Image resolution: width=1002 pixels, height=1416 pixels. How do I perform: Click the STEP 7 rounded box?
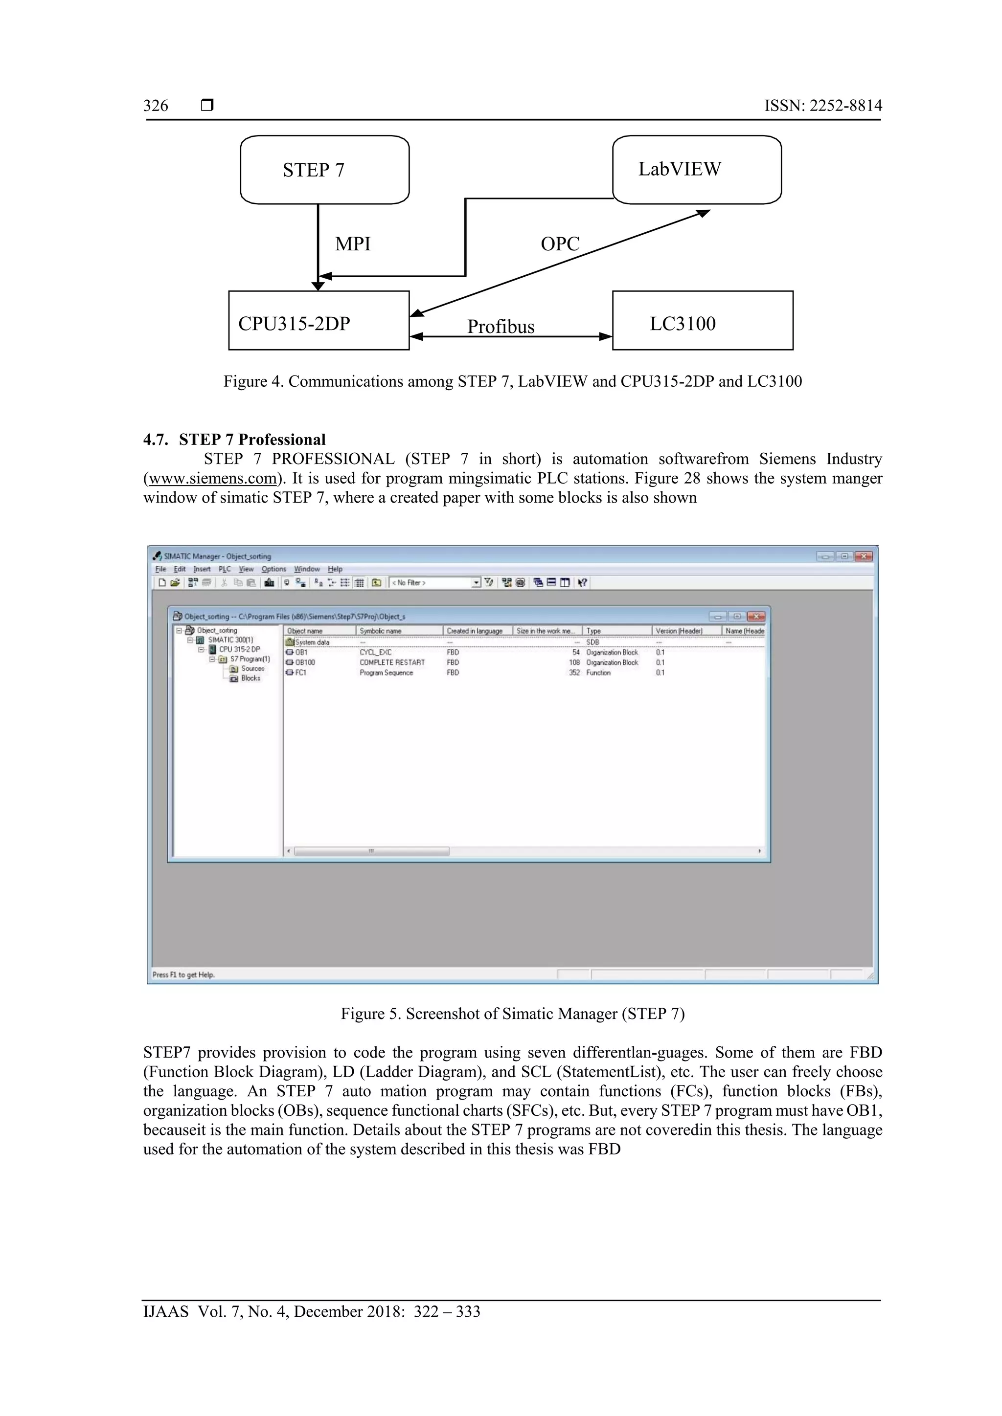click(324, 170)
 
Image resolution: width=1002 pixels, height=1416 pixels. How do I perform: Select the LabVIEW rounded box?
click(697, 170)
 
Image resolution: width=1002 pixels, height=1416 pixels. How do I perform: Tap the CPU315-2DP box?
click(319, 321)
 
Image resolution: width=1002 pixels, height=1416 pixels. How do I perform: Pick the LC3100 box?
click(702, 321)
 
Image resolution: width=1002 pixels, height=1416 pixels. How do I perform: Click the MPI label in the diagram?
click(352, 244)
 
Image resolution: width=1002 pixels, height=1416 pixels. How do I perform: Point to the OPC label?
click(560, 244)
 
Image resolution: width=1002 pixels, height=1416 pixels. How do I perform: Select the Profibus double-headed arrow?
click(510, 337)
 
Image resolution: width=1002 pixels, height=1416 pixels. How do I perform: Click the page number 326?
click(156, 106)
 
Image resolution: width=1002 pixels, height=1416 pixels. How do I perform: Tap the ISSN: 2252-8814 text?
click(823, 106)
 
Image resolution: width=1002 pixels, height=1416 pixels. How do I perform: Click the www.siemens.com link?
click(210, 479)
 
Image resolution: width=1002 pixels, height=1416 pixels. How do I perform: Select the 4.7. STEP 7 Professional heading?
click(234, 440)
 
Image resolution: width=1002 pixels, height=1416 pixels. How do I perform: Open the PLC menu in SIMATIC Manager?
click(225, 569)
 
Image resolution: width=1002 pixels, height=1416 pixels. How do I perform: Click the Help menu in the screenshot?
click(335, 569)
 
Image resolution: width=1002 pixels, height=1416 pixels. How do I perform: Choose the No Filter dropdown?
click(435, 583)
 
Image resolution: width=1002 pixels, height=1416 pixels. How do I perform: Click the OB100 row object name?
click(304, 663)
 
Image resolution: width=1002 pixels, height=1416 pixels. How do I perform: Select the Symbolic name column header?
click(381, 631)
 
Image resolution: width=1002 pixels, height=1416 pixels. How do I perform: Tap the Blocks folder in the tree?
click(250, 678)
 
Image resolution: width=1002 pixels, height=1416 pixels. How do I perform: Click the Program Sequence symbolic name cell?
click(386, 673)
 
